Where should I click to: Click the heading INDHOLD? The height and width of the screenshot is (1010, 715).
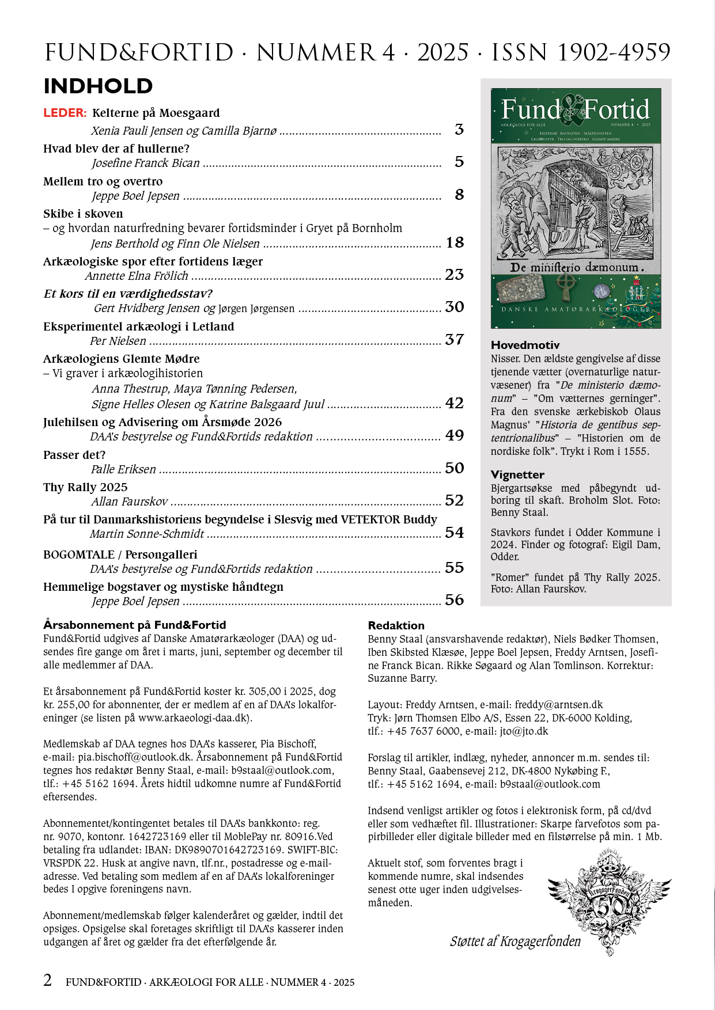coord(98,86)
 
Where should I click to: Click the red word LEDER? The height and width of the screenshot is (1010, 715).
coord(65,113)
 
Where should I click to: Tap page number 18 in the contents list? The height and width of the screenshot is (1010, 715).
coord(455,242)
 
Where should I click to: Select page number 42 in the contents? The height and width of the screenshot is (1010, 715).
coord(454,403)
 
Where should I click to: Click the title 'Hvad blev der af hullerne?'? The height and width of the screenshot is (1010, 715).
coord(116,149)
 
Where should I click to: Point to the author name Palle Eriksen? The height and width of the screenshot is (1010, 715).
coord(123,469)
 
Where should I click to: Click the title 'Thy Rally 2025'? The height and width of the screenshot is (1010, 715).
coord(85,487)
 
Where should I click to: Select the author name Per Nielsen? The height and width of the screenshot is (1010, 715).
coord(118,341)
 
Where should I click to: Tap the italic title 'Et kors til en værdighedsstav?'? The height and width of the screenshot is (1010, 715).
coord(128,294)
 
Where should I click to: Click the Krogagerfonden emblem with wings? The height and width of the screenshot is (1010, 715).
coord(610,898)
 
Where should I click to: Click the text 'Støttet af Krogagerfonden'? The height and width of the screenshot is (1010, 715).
coord(515,941)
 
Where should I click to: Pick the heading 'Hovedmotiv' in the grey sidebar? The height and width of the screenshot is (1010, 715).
coord(525,345)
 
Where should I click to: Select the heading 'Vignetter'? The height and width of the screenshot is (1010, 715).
coord(517,474)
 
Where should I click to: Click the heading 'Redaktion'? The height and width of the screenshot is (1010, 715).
coord(396,625)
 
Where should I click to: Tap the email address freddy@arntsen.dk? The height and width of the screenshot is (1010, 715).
coord(559,705)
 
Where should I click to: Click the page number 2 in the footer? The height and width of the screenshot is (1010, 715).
coord(48,980)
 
